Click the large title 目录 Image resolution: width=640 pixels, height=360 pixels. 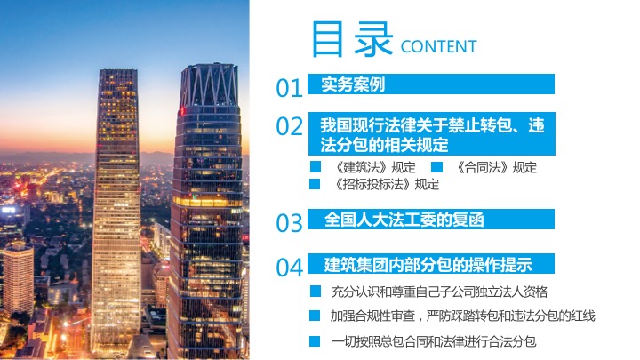pos(352,39)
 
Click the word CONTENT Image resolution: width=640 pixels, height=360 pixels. pos(439,46)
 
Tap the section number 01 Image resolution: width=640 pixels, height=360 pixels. pos(289,88)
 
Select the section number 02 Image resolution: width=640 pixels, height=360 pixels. pos(289,126)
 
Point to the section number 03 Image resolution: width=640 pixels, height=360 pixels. pos(289,223)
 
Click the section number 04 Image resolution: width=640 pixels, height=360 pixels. pos(289,268)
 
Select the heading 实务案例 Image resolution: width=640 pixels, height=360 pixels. pos(353,84)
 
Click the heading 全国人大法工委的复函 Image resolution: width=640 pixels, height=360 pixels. pos(404,220)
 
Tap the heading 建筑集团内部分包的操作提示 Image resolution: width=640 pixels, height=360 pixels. pos(428,265)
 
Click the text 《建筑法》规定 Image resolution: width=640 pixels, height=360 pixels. pos(374,167)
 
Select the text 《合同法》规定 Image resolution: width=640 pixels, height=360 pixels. pos(495,167)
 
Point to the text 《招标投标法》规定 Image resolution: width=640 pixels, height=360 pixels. pos(386,185)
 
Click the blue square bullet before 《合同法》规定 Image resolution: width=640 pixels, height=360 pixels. pos(436,167)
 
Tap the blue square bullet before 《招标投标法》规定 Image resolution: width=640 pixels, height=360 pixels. pos(315,184)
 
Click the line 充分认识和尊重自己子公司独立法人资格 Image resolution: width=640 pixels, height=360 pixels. pos(439,292)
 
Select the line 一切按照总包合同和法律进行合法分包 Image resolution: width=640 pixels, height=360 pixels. pos(434,341)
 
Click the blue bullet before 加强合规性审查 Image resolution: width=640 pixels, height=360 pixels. pos(315,316)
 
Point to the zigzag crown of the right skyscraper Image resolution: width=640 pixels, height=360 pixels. pos(209,84)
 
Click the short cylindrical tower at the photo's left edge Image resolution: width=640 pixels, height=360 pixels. pos(18,278)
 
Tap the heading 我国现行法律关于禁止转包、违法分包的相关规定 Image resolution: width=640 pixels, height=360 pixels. pos(432,135)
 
